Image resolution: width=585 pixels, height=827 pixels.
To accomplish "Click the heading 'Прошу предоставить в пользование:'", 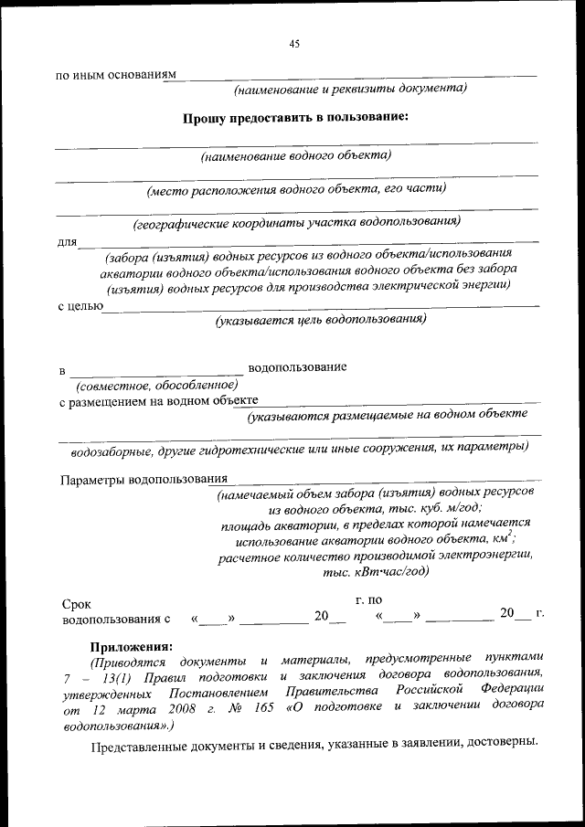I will point(294,117).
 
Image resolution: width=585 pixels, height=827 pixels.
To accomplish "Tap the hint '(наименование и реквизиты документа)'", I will point(350,89).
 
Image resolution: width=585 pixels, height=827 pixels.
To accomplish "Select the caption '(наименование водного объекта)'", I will point(296,154).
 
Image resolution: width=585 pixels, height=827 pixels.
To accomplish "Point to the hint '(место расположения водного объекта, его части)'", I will point(297,189).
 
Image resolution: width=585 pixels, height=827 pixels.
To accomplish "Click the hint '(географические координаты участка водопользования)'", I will point(296,222).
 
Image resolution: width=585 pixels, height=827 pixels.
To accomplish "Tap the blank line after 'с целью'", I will point(320,306).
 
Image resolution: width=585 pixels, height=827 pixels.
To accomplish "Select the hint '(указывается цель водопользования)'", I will point(321,321).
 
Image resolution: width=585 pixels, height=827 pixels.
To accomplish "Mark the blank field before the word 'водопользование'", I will point(155,372).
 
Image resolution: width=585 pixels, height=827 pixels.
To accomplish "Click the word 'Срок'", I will point(76,604).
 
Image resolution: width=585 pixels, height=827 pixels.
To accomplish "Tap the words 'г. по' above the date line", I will point(367,599).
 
